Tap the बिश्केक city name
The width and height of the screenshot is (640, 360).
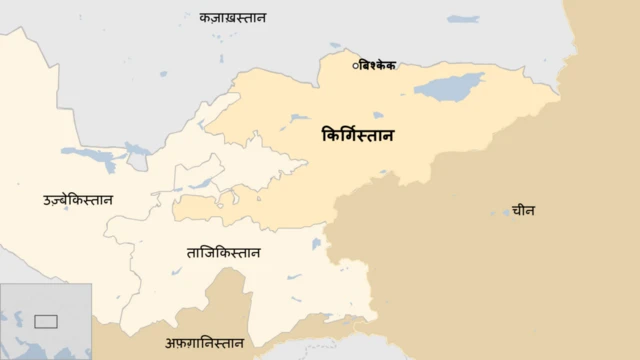tap(377, 65)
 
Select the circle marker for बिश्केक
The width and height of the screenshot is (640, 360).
tap(355, 65)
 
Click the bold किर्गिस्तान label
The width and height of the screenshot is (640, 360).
tap(357, 134)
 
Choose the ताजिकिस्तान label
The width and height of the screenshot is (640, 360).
tap(223, 252)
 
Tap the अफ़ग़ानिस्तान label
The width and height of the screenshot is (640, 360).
tap(204, 342)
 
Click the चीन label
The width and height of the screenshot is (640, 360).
tap(522, 211)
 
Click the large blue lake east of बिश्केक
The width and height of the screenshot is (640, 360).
tap(449, 87)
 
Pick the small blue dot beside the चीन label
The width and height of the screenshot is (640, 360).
tap(506, 211)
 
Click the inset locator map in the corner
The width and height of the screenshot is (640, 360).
tap(46, 321)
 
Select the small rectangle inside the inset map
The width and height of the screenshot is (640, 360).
tap(46, 321)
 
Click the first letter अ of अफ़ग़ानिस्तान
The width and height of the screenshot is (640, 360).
tap(170, 343)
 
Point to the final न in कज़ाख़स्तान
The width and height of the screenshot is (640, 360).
tap(274, 17)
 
